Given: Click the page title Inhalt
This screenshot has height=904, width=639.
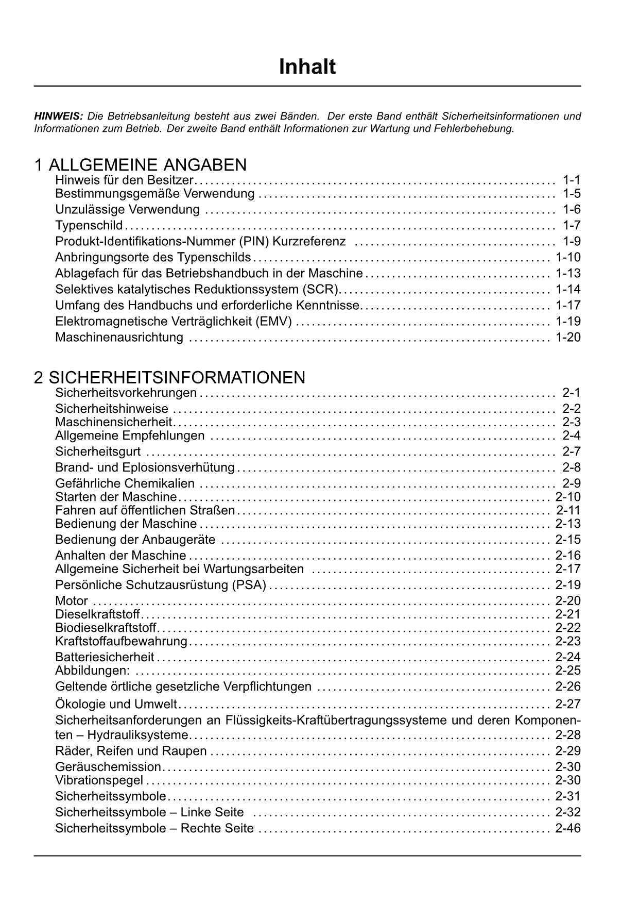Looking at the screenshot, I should pyautogui.click(x=307, y=67).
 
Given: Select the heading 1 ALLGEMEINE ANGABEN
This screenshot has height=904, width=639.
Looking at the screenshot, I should pyautogui.click(x=140, y=165).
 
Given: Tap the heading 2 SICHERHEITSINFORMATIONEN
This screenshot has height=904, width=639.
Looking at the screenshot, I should pyautogui.click(x=169, y=377).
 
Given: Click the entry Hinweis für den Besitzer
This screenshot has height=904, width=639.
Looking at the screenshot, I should pyautogui.click(x=124, y=180).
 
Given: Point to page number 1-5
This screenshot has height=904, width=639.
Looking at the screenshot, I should pyautogui.click(x=572, y=194).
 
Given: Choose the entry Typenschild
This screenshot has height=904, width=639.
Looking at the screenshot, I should pyautogui.click(x=89, y=225).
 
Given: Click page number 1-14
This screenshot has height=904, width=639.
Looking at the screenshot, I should pyautogui.click(x=568, y=289).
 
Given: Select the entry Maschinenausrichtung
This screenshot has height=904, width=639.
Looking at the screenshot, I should pyautogui.click(x=119, y=338).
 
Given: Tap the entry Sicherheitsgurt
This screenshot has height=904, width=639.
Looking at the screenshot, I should pyautogui.click(x=98, y=452).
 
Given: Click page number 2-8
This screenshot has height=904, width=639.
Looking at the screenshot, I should pyautogui.click(x=572, y=467).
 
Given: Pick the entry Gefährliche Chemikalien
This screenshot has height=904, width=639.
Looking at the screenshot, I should pyautogui.click(x=125, y=483).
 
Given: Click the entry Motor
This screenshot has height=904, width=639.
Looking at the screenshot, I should pyautogui.click(x=72, y=601).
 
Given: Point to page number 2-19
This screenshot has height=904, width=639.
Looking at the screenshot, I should pyautogui.click(x=568, y=585).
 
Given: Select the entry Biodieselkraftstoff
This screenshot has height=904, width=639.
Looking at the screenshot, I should pyautogui.click(x=106, y=628).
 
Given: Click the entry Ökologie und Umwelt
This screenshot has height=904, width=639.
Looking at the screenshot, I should pyautogui.click(x=116, y=704).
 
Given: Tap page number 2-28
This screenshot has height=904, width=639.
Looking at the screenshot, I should pyautogui.click(x=568, y=735).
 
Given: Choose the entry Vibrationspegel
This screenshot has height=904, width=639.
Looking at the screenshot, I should pyautogui.click(x=99, y=780).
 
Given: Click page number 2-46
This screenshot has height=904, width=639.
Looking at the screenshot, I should pyautogui.click(x=568, y=828).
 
